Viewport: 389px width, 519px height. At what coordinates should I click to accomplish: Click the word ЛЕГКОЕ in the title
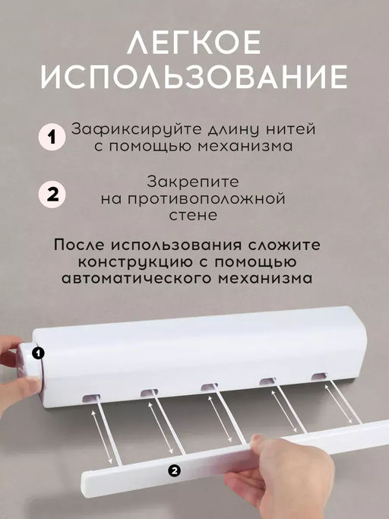[x=194, y=42]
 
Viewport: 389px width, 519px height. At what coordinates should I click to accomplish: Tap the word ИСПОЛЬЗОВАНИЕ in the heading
[x=194, y=77]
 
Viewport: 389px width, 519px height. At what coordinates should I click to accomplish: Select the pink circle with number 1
[x=52, y=137]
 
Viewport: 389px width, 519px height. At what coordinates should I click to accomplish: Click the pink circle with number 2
[x=52, y=195]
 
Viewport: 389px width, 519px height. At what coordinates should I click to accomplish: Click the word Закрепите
[x=193, y=182]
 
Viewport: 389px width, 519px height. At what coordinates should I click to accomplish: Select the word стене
[x=193, y=216]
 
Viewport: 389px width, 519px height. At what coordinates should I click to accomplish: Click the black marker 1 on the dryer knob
[x=39, y=353]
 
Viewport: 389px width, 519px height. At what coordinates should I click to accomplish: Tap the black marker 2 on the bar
[x=175, y=470]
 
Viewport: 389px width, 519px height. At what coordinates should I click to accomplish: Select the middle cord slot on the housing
[x=209, y=387]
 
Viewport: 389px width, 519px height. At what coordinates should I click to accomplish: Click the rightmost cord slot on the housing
[x=319, y=376]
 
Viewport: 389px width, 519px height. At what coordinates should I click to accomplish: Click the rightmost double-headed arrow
[x=340, y=401]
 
